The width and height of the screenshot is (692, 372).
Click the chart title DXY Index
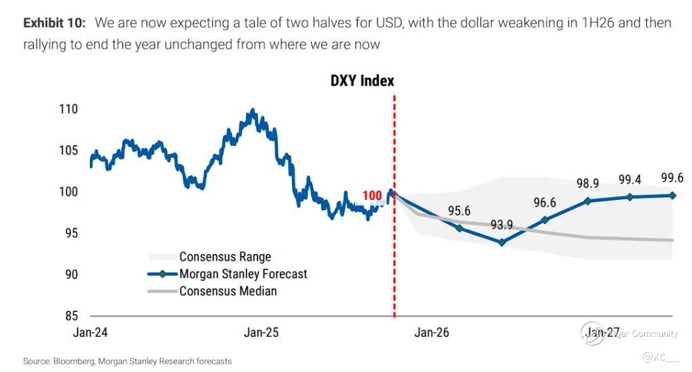click(x=362, y=81)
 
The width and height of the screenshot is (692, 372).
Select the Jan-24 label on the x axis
click(x=91, y=333)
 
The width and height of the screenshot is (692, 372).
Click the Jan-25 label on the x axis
click(x=261, y=333)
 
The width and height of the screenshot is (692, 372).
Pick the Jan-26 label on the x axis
click(x=432, y=333)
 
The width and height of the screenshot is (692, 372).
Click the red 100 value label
click(x=372, y=196)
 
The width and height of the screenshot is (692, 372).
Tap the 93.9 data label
click(x=501, y=225)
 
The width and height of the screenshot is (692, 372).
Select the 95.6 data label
click(x=460, y=211)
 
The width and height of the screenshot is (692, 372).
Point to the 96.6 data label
click(x=545, y=203)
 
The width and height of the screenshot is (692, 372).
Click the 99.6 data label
click(x=672, y=178)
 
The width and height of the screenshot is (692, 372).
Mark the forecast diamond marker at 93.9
click(x=501, y=242)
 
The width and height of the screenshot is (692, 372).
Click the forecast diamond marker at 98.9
click(x=587, y=201)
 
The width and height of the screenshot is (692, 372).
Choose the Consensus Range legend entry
click(x=225, y=257)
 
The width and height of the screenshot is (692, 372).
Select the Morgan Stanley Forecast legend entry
click(x=243, y=274)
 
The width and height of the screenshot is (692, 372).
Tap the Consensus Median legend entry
click(x=228, y=292)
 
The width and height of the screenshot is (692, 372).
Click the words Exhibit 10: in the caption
click(x=54, y=23)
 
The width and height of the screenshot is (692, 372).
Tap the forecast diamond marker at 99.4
click(x=630, y=197)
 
